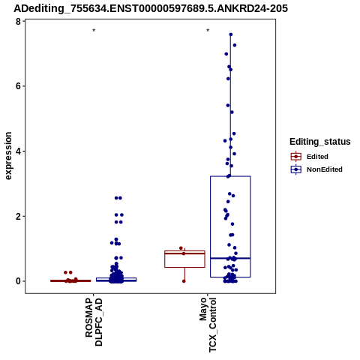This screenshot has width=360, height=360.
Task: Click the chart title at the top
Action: point(151,8)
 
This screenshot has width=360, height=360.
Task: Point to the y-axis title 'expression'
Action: point(8,156)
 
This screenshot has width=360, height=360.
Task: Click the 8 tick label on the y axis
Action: point(18,22)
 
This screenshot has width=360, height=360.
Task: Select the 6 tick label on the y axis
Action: point(18,86)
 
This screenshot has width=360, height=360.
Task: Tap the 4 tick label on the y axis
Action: point(18,151)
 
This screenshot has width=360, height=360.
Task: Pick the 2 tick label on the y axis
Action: point(18,216)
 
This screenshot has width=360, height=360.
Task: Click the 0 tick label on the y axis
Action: point(18,281)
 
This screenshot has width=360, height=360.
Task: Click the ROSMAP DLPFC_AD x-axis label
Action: point(94,322)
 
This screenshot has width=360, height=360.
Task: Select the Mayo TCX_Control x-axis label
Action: point(208,325)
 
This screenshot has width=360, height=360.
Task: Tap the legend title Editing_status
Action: point(320,142)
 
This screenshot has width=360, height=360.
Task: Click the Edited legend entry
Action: point(310,157)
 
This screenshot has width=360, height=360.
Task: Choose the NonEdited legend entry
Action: point(316,169)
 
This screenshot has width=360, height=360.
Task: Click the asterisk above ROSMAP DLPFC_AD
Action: point(94,31)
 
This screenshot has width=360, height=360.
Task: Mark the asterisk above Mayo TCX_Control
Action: point(208,31)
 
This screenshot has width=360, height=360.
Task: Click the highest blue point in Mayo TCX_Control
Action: point(231,34)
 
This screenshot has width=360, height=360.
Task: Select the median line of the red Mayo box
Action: point(184,253)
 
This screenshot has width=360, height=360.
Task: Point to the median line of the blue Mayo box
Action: point(230,258)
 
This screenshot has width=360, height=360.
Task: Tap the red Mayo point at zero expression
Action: point(184,281)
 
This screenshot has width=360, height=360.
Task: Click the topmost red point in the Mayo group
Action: point(181,248)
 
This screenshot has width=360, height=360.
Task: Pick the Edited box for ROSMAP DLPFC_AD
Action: point(70,280)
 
